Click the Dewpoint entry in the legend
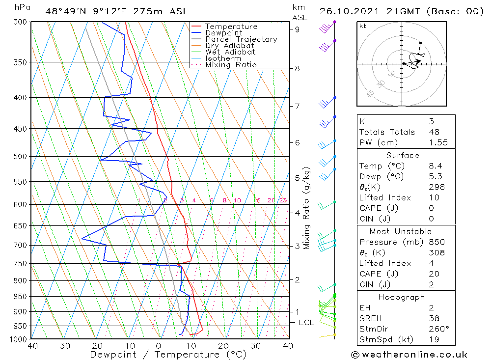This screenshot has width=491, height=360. tap(223, 33)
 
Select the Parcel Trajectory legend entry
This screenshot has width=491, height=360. tap(241, 39)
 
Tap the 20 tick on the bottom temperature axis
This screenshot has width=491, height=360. tap(223, 346)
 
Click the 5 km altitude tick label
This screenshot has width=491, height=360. tap(297, 178)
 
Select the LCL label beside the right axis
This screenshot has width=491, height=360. tap(306, 323)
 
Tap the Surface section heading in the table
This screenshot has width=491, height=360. tap(403, 155)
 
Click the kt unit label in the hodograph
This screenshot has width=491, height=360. tap(363, 26)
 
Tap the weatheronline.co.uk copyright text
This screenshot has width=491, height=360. tap(409, 355)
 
